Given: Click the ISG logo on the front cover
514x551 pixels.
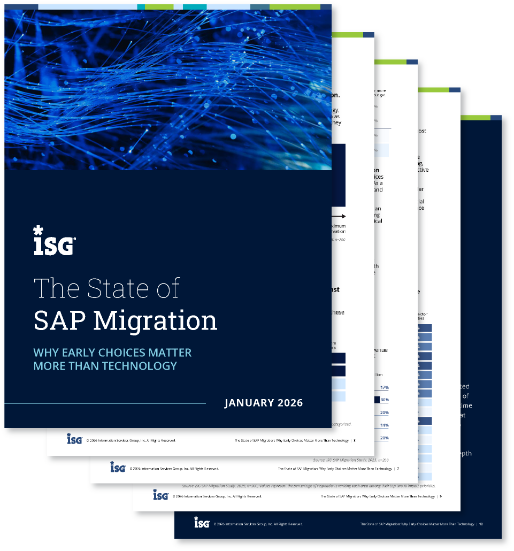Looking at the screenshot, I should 54,241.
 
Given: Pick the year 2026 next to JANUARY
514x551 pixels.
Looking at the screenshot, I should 289,403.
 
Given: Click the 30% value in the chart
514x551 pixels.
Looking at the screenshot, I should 384,400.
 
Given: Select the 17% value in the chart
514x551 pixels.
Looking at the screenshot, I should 384,387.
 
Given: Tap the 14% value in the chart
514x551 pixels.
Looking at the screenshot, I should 384,425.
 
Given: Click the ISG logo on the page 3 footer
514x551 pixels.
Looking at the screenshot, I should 74,439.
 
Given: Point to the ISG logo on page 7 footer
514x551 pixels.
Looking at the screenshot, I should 118,468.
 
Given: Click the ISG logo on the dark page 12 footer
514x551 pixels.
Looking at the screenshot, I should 202,523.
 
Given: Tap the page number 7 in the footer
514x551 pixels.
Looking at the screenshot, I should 397,469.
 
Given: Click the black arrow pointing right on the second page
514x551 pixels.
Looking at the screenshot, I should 340,217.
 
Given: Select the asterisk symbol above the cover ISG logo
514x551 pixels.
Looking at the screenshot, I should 38,231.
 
